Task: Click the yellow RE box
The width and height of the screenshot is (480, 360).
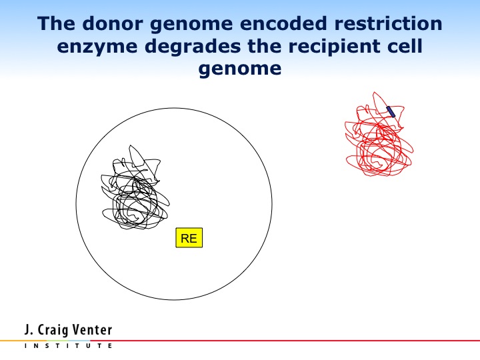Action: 189,237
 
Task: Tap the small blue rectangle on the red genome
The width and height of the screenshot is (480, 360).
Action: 391,112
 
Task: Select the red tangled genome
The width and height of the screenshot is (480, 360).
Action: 379,135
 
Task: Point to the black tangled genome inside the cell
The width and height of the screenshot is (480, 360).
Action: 135,187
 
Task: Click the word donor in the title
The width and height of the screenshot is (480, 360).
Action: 113,23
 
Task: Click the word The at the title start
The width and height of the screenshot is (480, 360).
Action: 56,23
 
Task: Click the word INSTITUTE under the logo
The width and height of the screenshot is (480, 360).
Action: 68,346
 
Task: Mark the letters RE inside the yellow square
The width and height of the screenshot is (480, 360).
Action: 189,238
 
